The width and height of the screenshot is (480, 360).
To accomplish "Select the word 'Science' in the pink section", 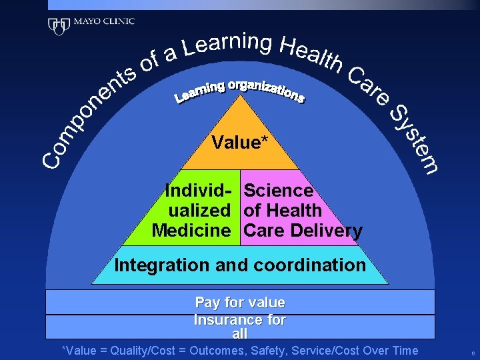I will tap(278, 191).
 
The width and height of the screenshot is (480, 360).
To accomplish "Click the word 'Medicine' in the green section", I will tap(191, 231).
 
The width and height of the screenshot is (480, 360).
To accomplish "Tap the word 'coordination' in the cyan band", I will tap(311, 265).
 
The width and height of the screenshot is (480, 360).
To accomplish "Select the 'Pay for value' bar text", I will tap(240, 303).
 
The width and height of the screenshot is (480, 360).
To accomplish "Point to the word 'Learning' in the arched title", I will tap(228, 45).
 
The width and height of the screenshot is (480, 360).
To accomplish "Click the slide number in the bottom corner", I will tap(472, 352).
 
